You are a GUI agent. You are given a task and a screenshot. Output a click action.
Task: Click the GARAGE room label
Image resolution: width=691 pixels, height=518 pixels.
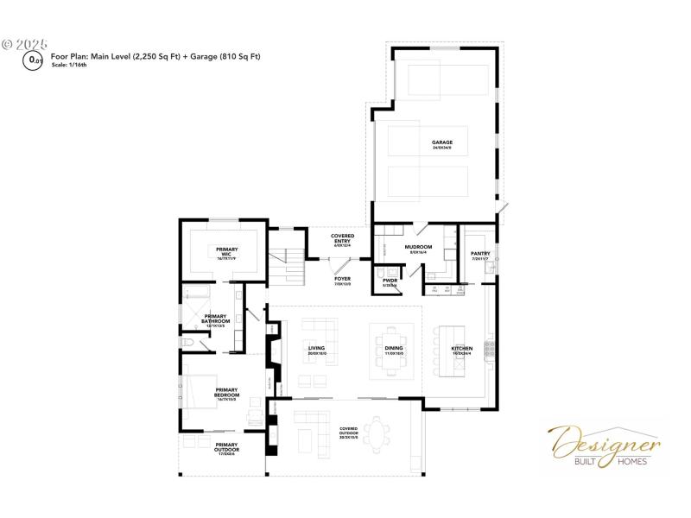tap(442, 144)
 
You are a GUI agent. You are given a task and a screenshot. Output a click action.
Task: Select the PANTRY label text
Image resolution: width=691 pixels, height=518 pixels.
tap(481, 255)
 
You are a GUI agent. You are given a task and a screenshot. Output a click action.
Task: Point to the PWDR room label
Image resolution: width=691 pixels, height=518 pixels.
tap(389, 281)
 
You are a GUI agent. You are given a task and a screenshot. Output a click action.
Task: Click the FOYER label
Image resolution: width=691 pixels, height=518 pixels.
tap(342, 281)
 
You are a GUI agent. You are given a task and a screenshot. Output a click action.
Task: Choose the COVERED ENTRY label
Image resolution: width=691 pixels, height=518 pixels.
tap(343, 241)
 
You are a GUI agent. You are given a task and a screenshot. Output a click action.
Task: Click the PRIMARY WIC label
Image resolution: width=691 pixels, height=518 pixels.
tap(225, 252)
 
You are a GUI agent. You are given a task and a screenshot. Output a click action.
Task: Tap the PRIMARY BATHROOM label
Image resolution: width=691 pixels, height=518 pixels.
tap(215, 319)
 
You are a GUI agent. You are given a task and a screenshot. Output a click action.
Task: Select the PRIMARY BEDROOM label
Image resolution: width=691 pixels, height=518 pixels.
tap(226, 392)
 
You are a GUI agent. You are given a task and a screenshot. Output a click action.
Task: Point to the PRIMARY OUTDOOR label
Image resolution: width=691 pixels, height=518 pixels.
tap(226, 448)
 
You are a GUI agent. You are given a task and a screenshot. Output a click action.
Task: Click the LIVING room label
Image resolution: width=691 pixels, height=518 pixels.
tap(316, 350)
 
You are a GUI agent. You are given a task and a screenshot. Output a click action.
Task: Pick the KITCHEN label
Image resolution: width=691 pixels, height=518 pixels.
tap(462, 350)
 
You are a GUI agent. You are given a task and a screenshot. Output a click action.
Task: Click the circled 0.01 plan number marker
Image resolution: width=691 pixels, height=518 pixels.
tap(35, 60)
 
